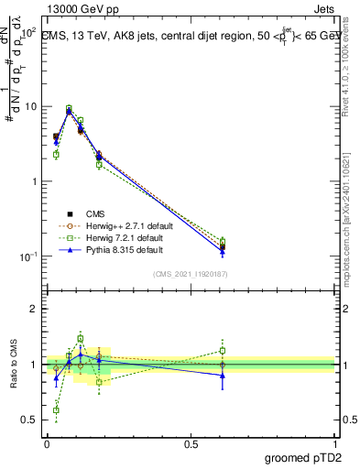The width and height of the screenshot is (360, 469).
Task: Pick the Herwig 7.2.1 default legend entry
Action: pyautogui.click(x=105, y=237)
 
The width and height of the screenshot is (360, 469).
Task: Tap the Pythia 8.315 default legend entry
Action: pyautogui.click(x=104, y=249)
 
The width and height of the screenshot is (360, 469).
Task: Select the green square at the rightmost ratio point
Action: pyautogui.click(x=223, y=350)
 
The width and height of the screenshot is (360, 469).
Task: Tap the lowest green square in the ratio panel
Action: pyautogui.click(x=56, y=409)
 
